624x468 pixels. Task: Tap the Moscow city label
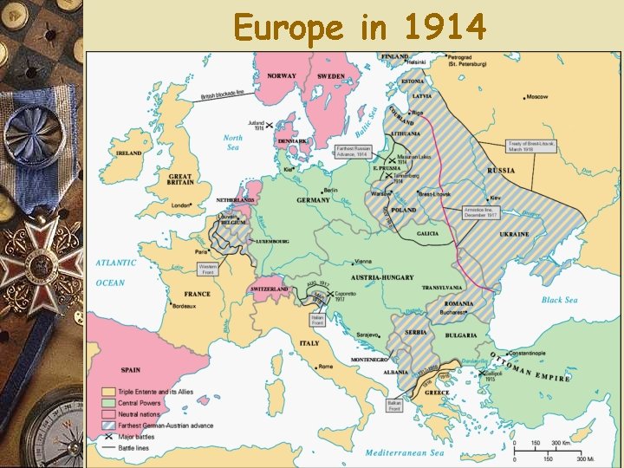(x=536, y=96)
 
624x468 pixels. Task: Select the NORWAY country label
(x=282, y=75)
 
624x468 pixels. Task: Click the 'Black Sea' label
(x=559, y=300)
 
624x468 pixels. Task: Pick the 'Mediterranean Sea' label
(x=405, y=452)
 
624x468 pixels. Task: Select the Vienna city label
(x=363, y=261)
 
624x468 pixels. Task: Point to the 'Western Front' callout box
(x=208, y=269)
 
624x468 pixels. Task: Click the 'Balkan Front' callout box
(x=394, y=405)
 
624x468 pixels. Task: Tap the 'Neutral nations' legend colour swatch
(x=109, y=414)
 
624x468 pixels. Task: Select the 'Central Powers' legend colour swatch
(x=109, y=403)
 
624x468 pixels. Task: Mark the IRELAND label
(x=129, y=153)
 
